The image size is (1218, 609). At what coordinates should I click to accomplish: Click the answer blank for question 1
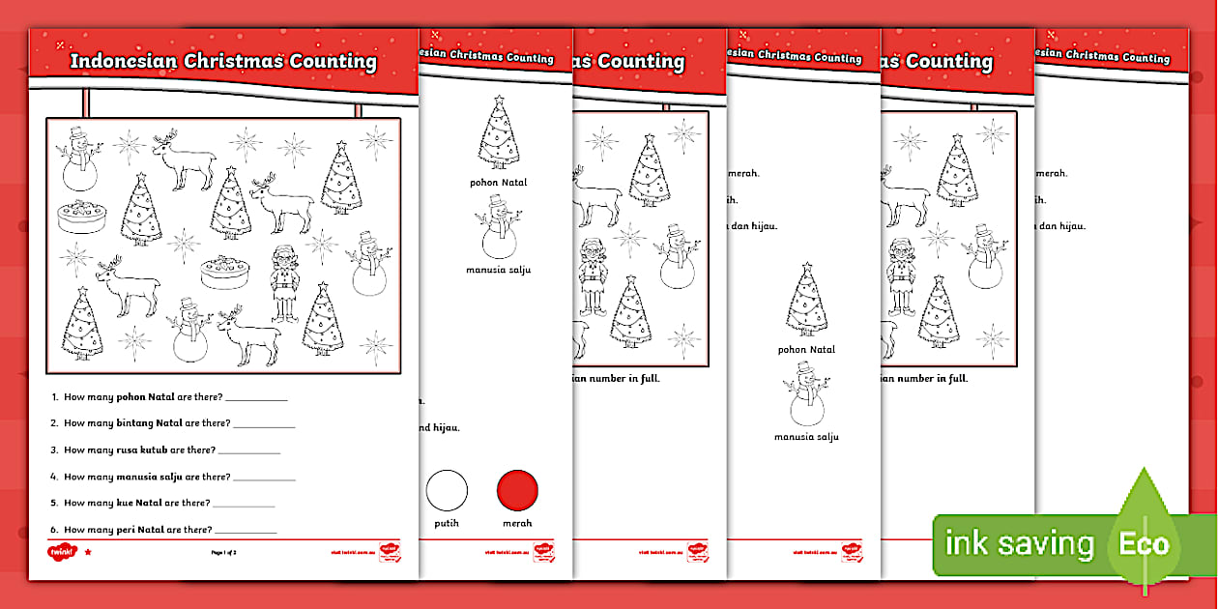256,397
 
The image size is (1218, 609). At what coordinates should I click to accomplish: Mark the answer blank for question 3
248,450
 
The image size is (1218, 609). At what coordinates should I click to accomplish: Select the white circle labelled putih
447,490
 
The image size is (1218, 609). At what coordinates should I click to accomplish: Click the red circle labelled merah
517,490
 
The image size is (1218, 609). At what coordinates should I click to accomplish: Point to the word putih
447,523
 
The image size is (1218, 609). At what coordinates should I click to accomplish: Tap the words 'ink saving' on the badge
1019,543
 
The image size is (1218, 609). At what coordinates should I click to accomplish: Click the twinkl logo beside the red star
61,553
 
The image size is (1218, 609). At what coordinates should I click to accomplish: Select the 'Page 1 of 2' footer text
223,553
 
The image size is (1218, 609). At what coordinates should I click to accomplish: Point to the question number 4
55,477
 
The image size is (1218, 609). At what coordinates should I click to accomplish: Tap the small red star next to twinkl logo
88,553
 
